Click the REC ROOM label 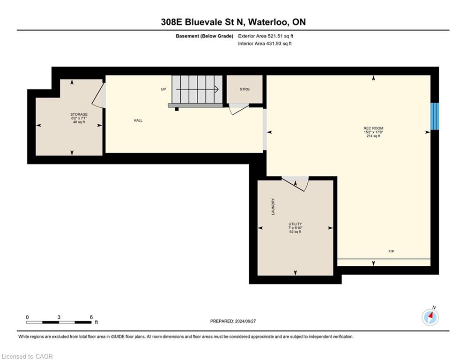[373, 128]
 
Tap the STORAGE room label [79, 114]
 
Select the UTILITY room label [295, 224]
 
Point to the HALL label [138, 120]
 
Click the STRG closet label [244, 89]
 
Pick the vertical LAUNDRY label [273, 206]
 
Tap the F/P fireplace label [391, 251]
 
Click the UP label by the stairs [163, 89]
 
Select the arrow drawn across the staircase [197, 89]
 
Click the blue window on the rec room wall [435, 116]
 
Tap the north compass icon [430, 317]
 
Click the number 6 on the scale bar [91, 317]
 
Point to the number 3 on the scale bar [59, 317]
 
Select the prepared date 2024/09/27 [245, 321]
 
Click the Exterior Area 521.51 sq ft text [266, 36]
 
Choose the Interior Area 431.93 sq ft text [265, 44]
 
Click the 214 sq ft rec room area [373, 136]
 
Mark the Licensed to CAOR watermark [27, 356]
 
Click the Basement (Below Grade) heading [205, 36]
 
